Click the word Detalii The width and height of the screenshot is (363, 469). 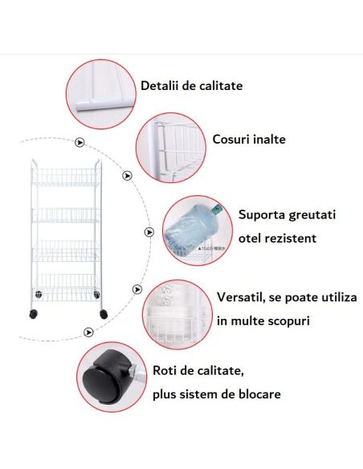[x=158, y=85]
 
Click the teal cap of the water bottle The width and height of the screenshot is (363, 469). [x=215, y=210]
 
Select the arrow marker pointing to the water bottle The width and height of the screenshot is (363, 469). [x=148, y=232]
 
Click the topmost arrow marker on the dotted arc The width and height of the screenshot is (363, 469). [x=79, y=143]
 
